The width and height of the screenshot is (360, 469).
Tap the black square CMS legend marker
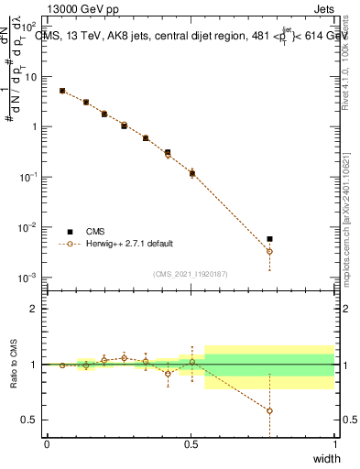coord(70,232)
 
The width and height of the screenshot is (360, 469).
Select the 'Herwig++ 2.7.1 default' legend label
coord(130,245)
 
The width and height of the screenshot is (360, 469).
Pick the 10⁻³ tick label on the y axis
coord(28,277)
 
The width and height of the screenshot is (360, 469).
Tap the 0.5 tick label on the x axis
coord(191,444)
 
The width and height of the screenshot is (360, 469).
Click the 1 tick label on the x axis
coord(334,444)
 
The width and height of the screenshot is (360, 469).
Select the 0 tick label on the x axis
coord(47,444)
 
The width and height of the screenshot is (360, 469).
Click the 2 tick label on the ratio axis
coord(34,309)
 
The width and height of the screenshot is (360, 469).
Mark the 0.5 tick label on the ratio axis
coord(30,420)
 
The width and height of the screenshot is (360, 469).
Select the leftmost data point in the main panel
coord(61,91)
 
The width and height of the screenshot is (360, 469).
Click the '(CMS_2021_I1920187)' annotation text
coord(191,273)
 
